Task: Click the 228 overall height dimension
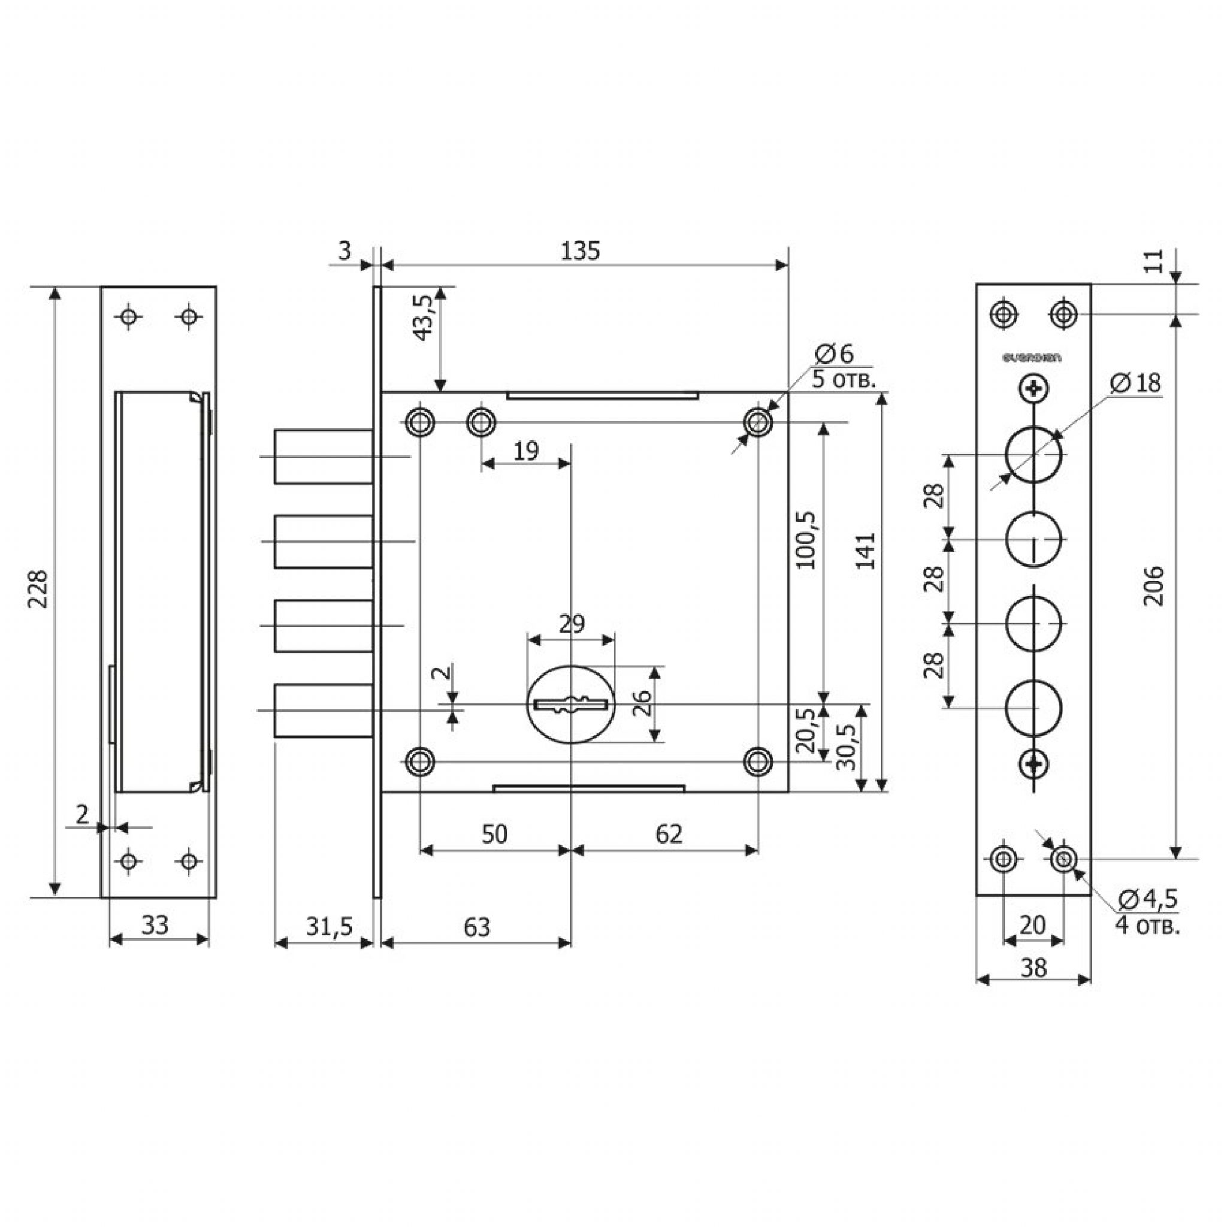tap(40, 589)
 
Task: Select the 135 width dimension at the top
tap(580, 252)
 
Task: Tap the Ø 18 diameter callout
tap(1136, 383)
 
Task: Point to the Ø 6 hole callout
tap(835, 353)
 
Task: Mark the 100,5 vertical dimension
tap(806, 539)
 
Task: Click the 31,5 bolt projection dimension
tap(328, 927)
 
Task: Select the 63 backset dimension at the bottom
tap(476, 927)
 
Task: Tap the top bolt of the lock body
tap(324, 456)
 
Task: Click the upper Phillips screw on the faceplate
tap(1033, 388)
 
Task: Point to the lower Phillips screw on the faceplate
tap(1033, 764)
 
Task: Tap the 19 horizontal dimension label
tap(525, 451)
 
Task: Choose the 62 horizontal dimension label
tap(668, 834)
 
